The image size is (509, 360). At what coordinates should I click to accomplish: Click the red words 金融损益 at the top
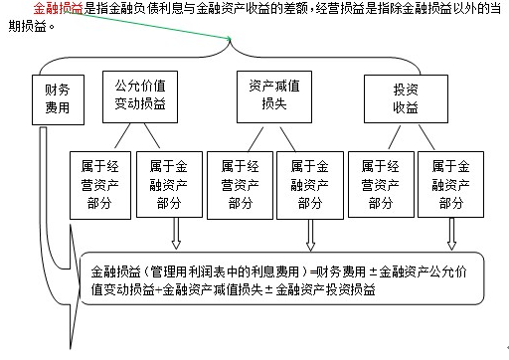pos(58,8)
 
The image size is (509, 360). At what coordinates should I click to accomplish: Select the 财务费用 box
pos(58,99)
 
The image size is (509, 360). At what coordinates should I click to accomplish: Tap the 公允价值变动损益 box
pos(140,96)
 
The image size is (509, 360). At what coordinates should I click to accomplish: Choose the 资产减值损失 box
pos(274,96)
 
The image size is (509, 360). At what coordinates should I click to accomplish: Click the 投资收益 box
pos(406,98)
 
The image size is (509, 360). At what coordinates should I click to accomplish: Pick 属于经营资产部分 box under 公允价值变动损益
pos(100,185)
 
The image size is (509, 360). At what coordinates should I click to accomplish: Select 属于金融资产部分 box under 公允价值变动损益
pos(169,185)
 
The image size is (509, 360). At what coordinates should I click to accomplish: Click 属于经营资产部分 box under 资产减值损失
pos(240,185)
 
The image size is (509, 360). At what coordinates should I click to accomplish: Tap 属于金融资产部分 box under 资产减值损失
pos(310,185)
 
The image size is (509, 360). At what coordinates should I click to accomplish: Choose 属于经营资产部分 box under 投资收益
pos(381,185)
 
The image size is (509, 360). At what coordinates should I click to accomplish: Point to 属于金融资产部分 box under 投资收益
pos(450,185)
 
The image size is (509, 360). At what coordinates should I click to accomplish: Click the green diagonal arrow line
pos(151,25)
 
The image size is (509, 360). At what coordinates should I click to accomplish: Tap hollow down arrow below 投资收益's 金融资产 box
pos(451,234)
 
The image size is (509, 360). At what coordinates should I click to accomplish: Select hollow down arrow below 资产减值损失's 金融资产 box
pos(310,235)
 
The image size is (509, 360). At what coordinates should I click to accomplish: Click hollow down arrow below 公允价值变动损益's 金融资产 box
pos(176,234)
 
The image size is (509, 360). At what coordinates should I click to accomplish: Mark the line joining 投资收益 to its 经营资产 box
pos(395,137)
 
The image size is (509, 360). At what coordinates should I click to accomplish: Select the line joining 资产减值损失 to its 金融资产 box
pos(287,139)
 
